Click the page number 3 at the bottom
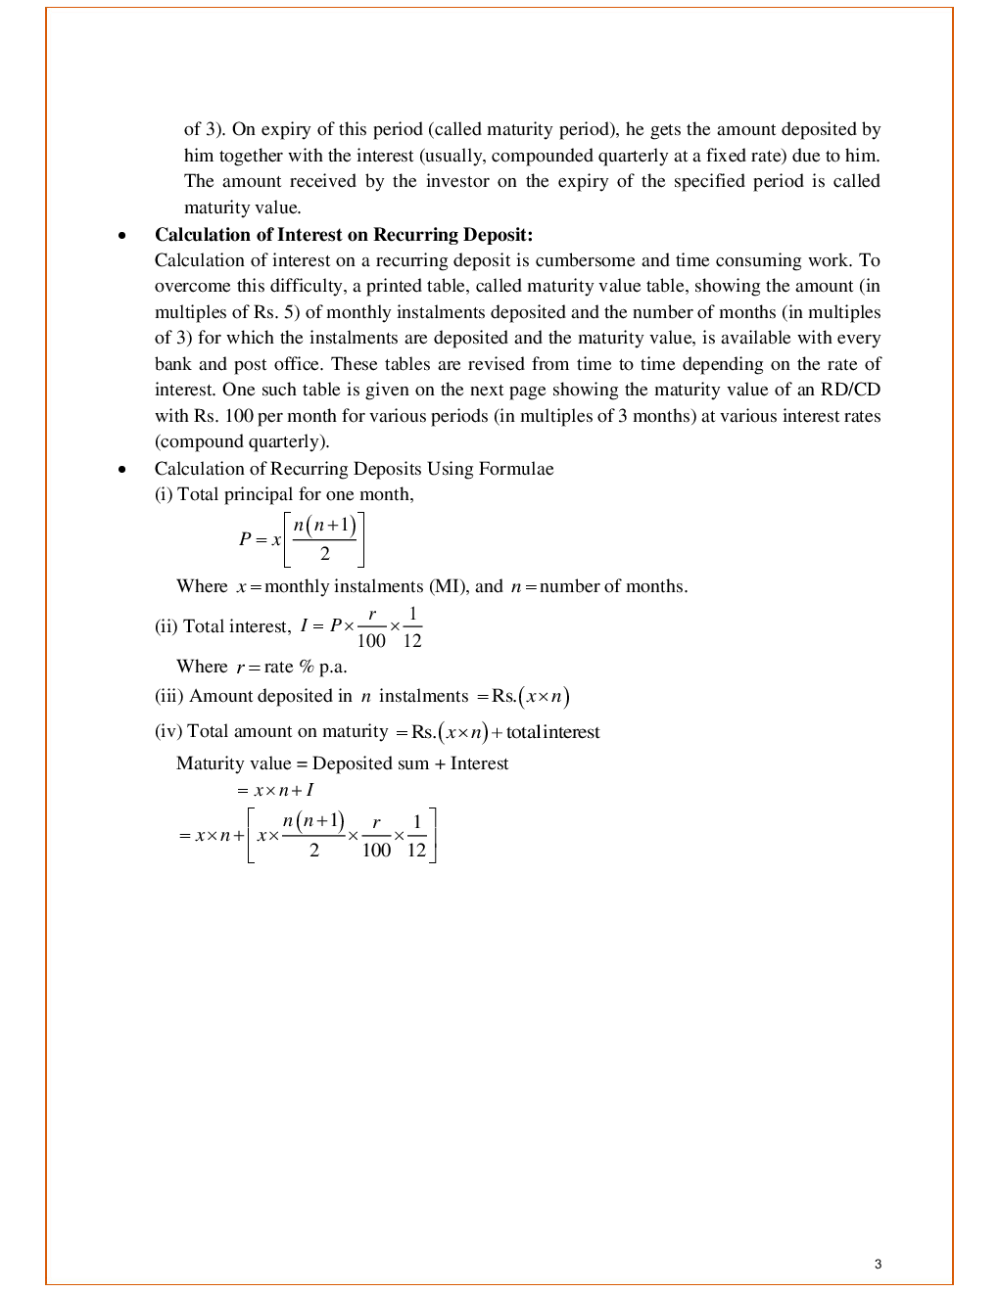pyautogui.click(x=878, y=1264)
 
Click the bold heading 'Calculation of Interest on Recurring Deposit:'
pyautogui.click(x=343, y=235)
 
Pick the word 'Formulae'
pyautogui.click(x=516, y=469)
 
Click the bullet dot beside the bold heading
pyautogui.click(x=121, y=236)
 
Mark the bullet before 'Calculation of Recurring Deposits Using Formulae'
pyautogui.click(x=121, y=470)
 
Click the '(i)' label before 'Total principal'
pyautogui.click(x=164, y=494)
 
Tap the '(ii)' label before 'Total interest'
pyautogui.click(x=166, y=626)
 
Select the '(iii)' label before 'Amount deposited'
pyautogui.click(x=169, y=696)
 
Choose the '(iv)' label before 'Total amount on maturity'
pyautogui.click(x=168, y=731)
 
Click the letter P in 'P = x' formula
pyautogui.click(x=245, y=539)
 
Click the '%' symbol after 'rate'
pyautogui.click(x=307, y=667)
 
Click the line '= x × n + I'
pyautogui.click(x=275, y=790)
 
